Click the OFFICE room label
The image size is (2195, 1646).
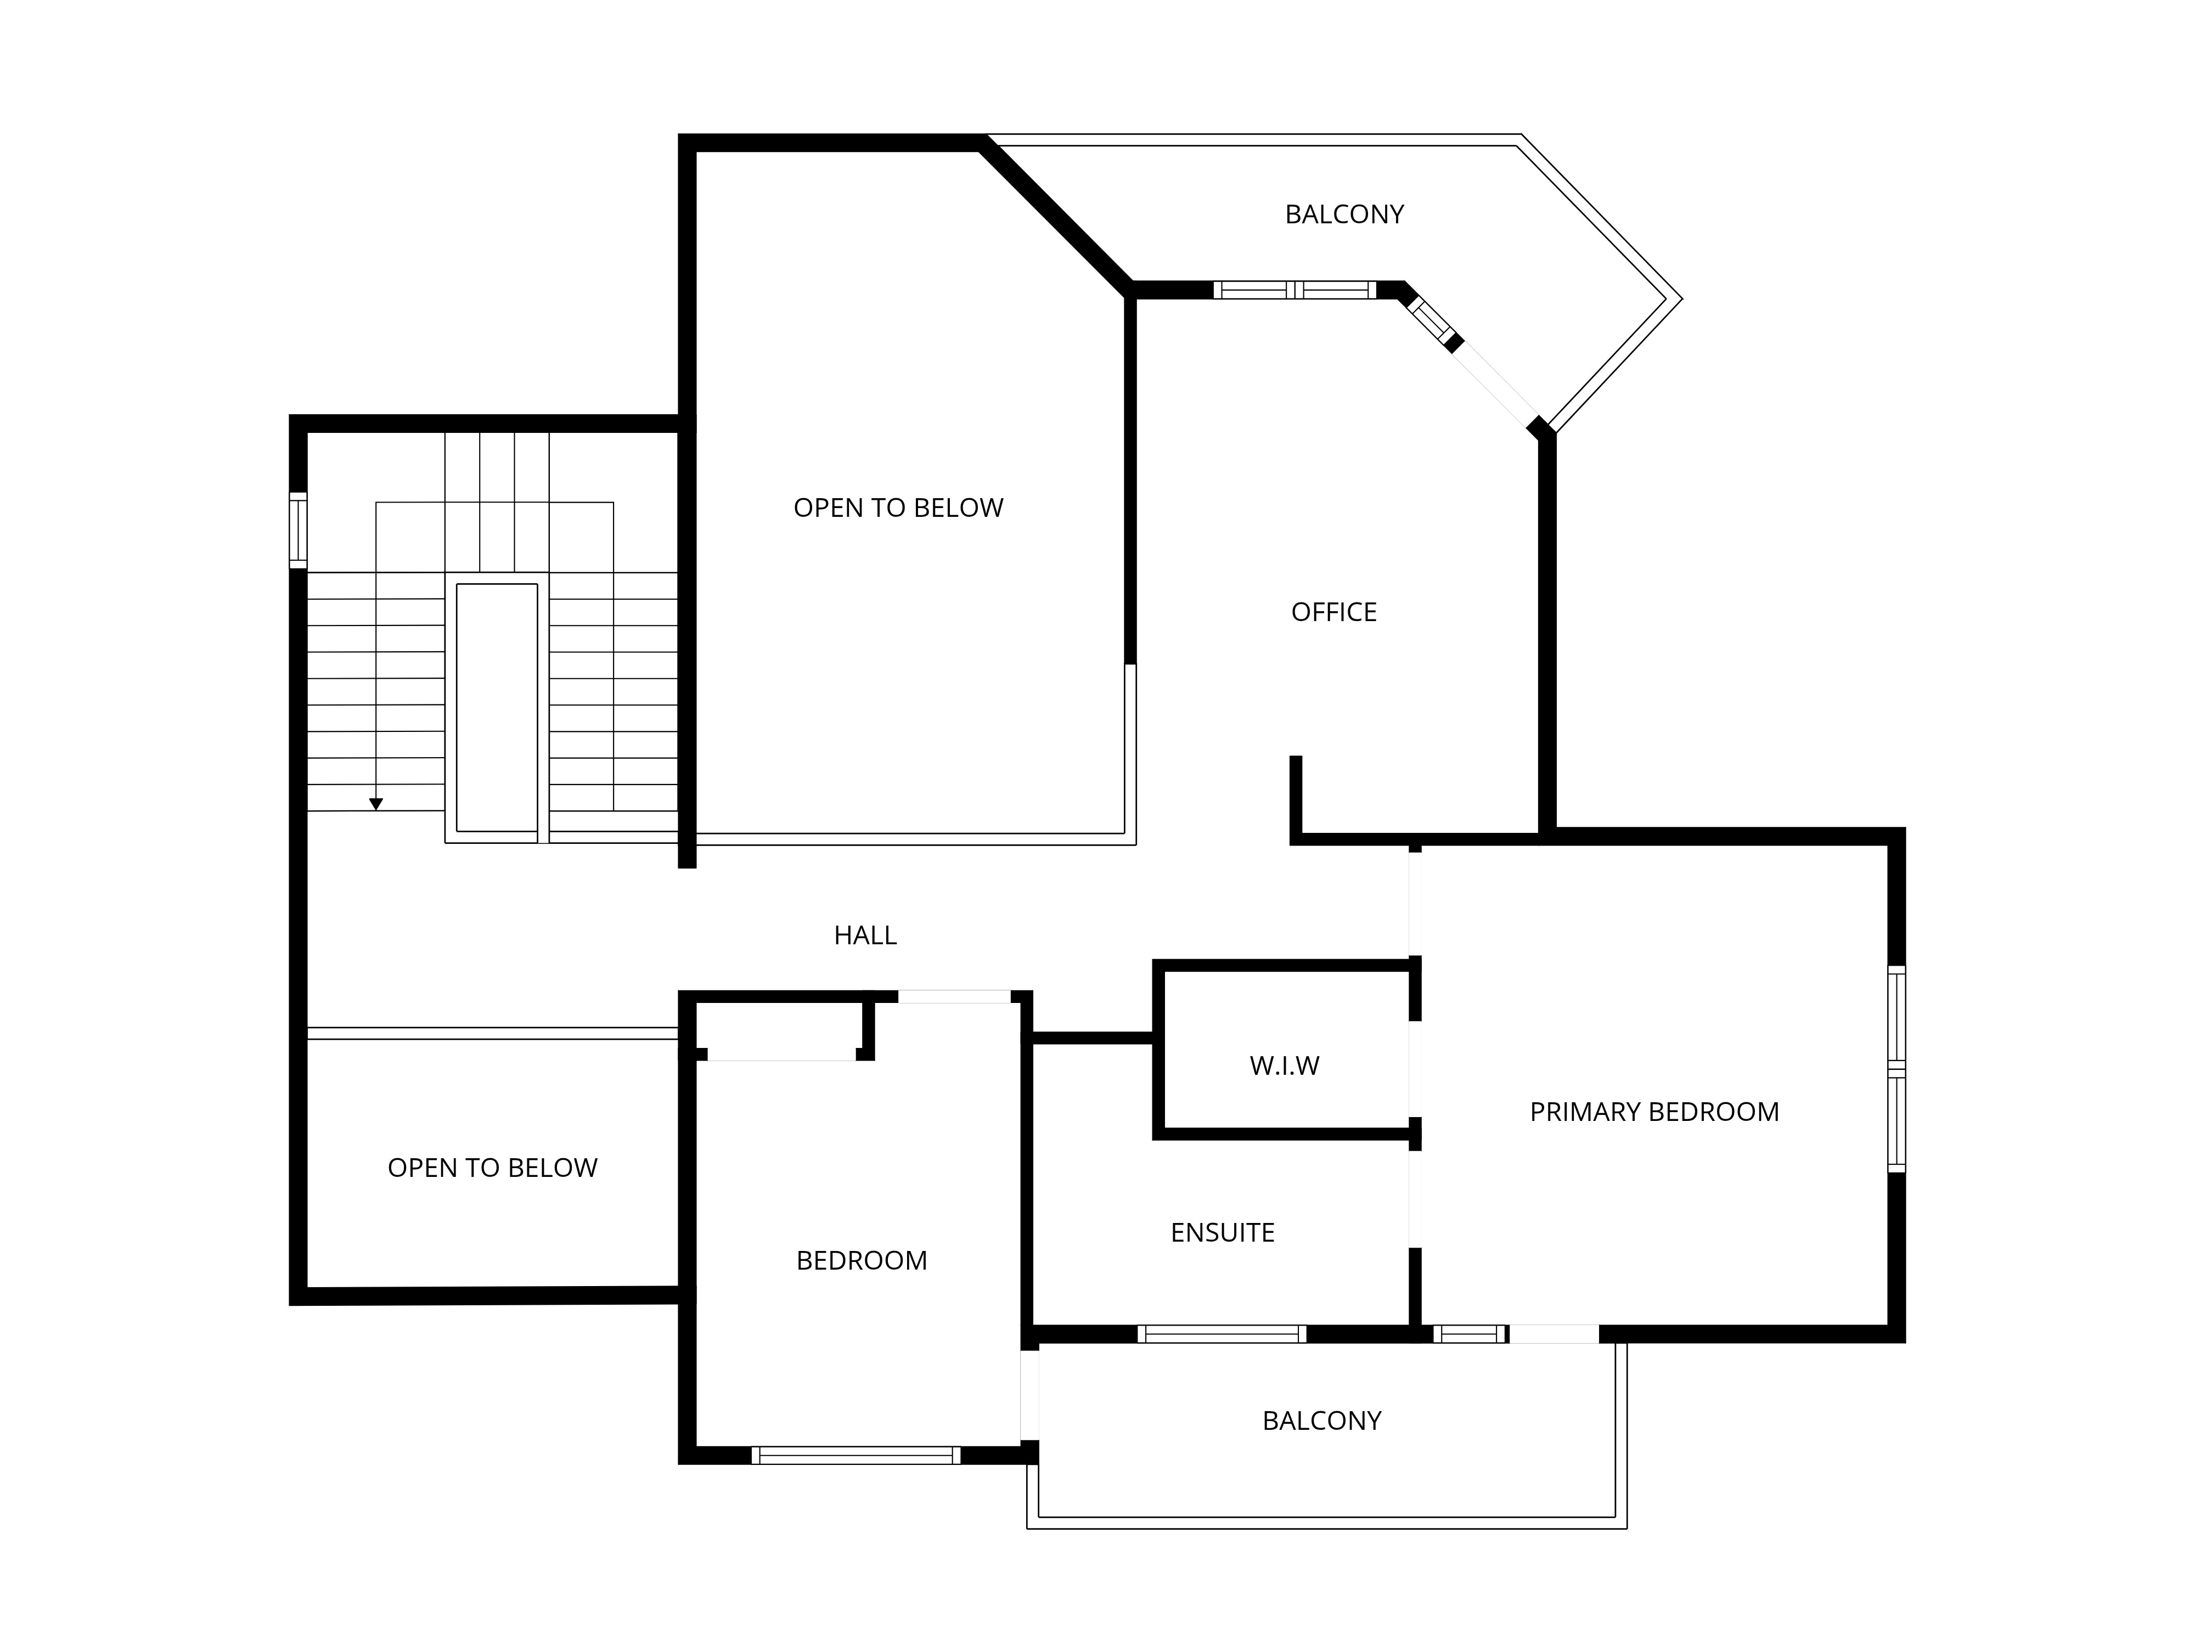1333,612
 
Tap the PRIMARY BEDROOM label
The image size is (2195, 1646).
1654,1112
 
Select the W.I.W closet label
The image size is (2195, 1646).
1284,1066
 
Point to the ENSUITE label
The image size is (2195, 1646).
1223,1232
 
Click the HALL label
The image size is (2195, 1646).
865,935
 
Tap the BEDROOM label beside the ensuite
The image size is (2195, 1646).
862,1260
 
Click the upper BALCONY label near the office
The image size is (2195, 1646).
1344,215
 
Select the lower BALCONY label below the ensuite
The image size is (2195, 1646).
1322,1421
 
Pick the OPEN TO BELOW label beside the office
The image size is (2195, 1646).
898,508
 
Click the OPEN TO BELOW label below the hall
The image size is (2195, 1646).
492,1168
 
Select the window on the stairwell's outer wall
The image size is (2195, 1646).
297,531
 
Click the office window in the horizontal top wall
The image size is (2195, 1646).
1295,290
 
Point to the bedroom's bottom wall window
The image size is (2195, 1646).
856,1456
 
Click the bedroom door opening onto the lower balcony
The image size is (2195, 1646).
1030,1395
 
